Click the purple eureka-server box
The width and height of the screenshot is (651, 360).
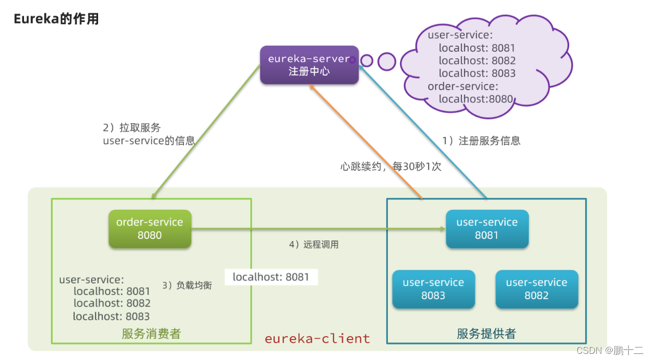[x=309, y=65]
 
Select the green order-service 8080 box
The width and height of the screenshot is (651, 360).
[x=150, y=229]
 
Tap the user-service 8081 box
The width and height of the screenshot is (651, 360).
[x=487, y=229]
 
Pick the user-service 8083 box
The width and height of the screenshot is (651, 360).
[x=433, y=289]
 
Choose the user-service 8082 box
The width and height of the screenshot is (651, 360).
[x=537, y=289]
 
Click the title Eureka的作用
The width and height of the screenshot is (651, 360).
[x=56, y=19]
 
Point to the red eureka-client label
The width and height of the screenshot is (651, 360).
[x=317, y=339]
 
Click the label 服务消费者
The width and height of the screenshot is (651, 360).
[x=151, y=334]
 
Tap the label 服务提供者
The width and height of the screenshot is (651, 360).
[x=486, y=334]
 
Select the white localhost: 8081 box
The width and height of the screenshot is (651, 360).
[x=271, y=277]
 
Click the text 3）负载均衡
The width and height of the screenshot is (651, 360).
[x=187, y=285]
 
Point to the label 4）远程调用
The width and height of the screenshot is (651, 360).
[x=314, y=244]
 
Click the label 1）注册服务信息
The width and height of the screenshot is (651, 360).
[x=481, y=141]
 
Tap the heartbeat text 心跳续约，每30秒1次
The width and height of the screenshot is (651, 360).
[x=391, y=166]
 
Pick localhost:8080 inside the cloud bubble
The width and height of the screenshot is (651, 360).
[x=475, y=99]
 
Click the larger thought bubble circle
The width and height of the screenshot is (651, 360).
[x=387, y=61]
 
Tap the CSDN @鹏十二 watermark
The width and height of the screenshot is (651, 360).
[x=610, y=350]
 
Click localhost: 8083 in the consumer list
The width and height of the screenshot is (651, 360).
[x=111, y=317]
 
